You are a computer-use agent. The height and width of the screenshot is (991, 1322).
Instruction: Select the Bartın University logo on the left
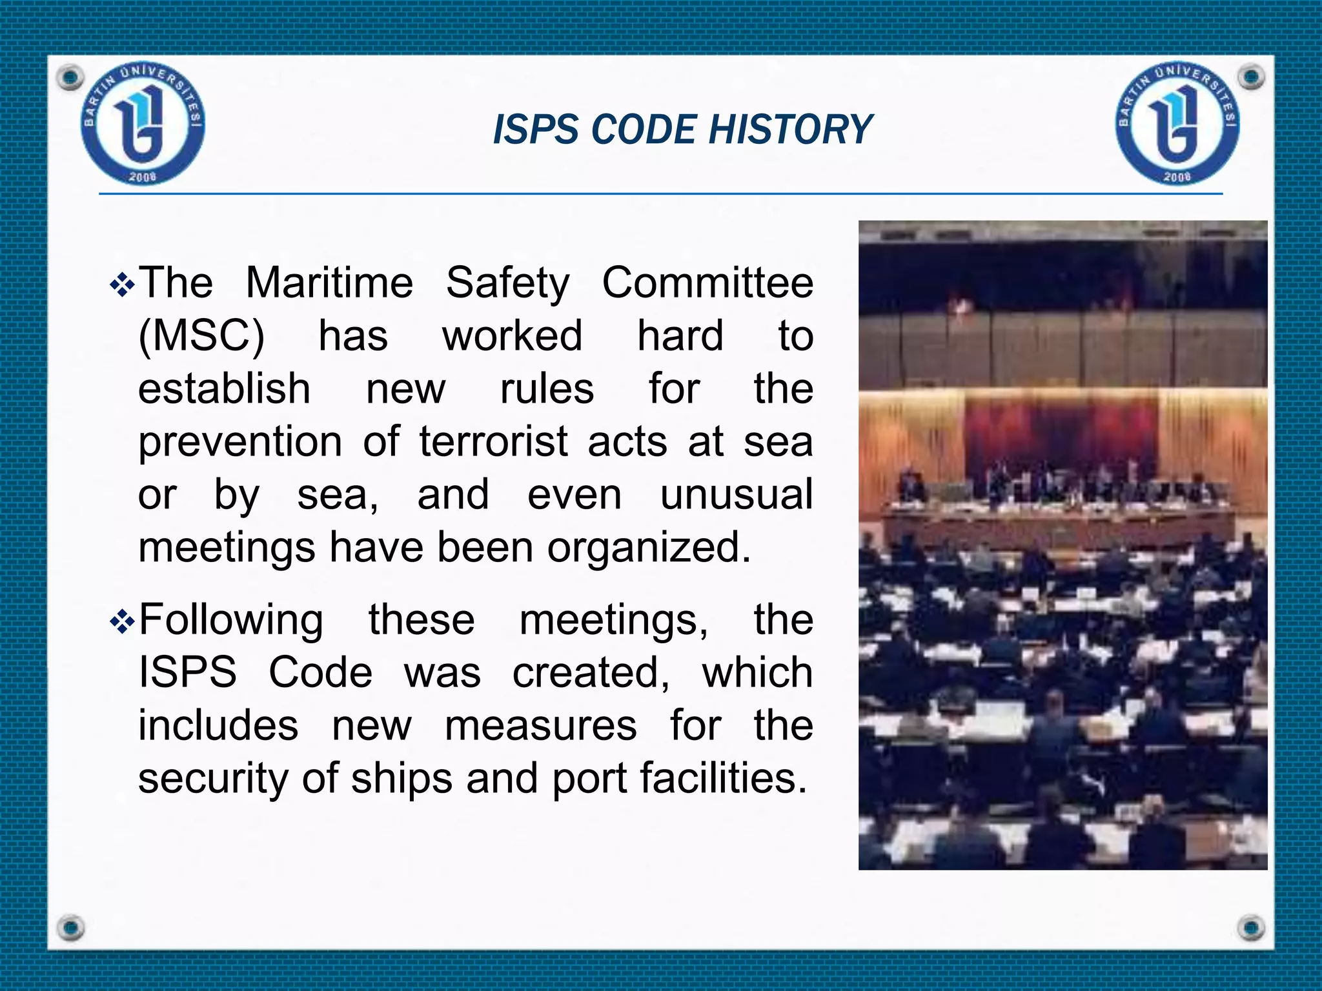coord(143,125)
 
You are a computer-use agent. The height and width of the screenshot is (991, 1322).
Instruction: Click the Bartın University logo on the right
coord(1177,125)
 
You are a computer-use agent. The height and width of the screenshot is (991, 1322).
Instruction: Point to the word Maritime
coord(329,283)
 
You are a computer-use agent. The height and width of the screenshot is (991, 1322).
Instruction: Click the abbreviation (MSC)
coord(201,335)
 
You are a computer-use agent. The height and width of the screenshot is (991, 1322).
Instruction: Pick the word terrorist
coord(494,442)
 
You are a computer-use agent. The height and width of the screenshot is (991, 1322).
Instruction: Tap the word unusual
coord(736,495)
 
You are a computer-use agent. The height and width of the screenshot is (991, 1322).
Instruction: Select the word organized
coord(649,548)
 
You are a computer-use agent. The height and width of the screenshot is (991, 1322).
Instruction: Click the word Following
coord(231,620)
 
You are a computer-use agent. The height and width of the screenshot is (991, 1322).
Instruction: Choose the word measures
coord(540,725)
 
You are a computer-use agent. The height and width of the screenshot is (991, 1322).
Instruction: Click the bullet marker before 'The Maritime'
coord(122,285)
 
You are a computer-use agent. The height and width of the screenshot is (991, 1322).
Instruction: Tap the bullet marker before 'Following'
coord(122,622)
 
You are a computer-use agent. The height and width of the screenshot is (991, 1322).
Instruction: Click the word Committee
coord(707,283)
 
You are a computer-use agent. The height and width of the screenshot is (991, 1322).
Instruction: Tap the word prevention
coord(240,443)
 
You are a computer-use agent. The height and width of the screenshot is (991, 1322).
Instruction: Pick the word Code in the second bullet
coord(320,672)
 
